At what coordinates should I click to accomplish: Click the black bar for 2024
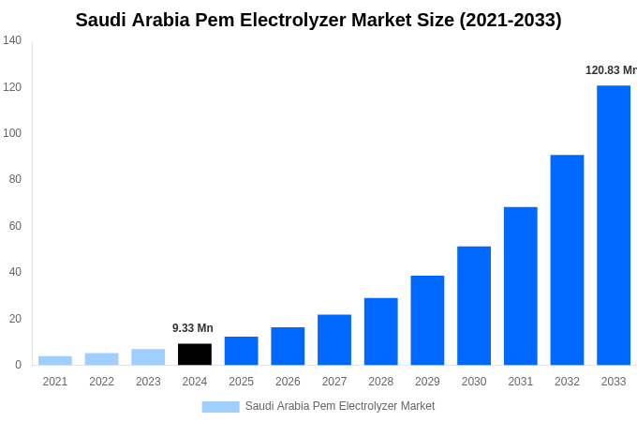coord(195,354)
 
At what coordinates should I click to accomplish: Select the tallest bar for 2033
coord(614,225)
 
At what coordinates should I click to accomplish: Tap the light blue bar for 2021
coord(55,360)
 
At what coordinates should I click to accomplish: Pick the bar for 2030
coord(474,306)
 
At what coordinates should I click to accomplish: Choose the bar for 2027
coord(334,339)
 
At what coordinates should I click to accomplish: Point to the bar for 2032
coord(567,260)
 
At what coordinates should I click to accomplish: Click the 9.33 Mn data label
coord(193,328)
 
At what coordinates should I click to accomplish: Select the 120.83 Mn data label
coord(611,70)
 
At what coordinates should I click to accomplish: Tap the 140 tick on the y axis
coord(12,40)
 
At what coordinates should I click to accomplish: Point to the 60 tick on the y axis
coord(15,226)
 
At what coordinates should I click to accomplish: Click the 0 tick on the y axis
coord(18,365)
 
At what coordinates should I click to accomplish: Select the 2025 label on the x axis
coord(241,382)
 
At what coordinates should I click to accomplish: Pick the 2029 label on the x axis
coord(427,382)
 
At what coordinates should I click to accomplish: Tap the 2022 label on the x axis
coord(101,382)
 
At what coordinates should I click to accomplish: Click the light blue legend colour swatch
coord(220,407)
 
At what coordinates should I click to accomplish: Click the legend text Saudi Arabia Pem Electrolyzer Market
coord(340,406)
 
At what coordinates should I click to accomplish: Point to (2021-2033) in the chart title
coord(511,20)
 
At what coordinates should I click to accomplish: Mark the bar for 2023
coord(148,357)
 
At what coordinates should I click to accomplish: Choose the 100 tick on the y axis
coord(12,133)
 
